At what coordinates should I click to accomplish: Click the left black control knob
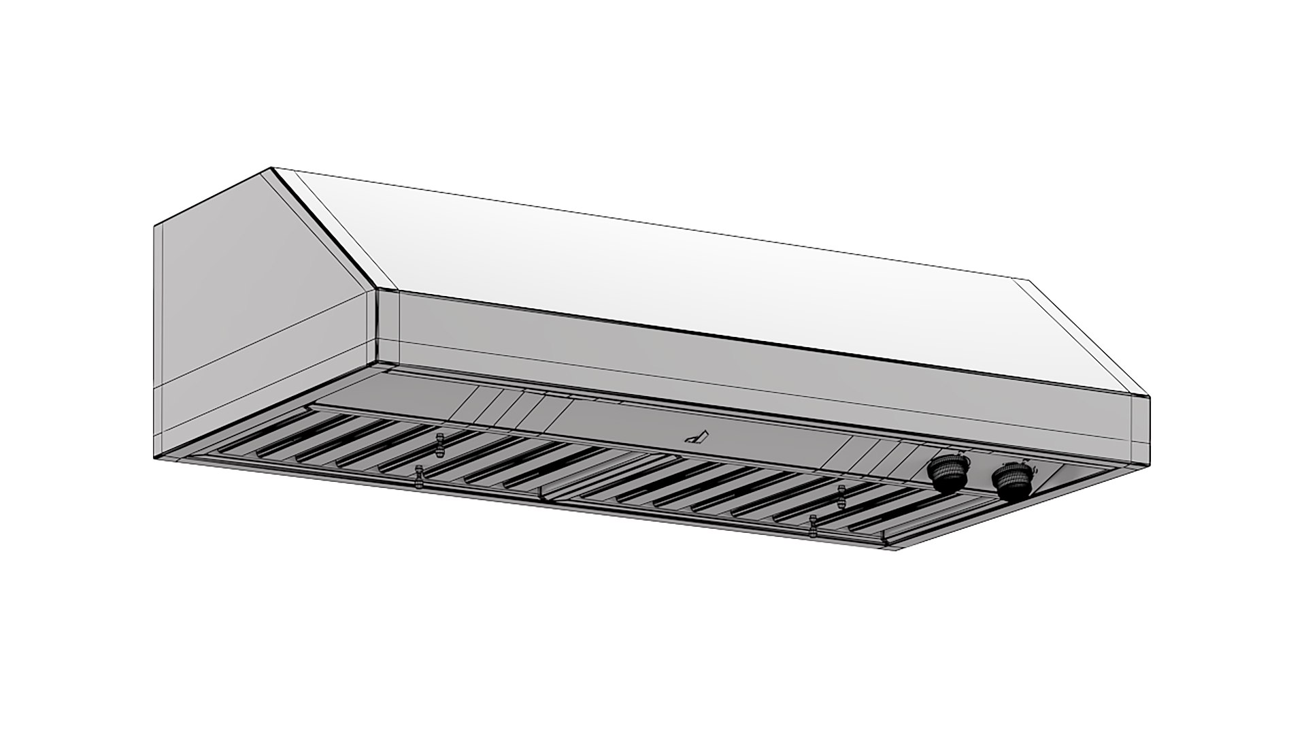click(x=945, y=474)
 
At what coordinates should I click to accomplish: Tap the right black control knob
click(x=1011, y=480)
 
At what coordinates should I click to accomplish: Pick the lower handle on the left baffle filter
click(x=420, y=476)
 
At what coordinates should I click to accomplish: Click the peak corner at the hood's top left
click(x=271, y=167)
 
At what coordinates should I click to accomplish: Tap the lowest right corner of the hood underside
click(x=897, y=548)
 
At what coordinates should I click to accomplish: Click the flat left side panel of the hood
click(x=258, y=306)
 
